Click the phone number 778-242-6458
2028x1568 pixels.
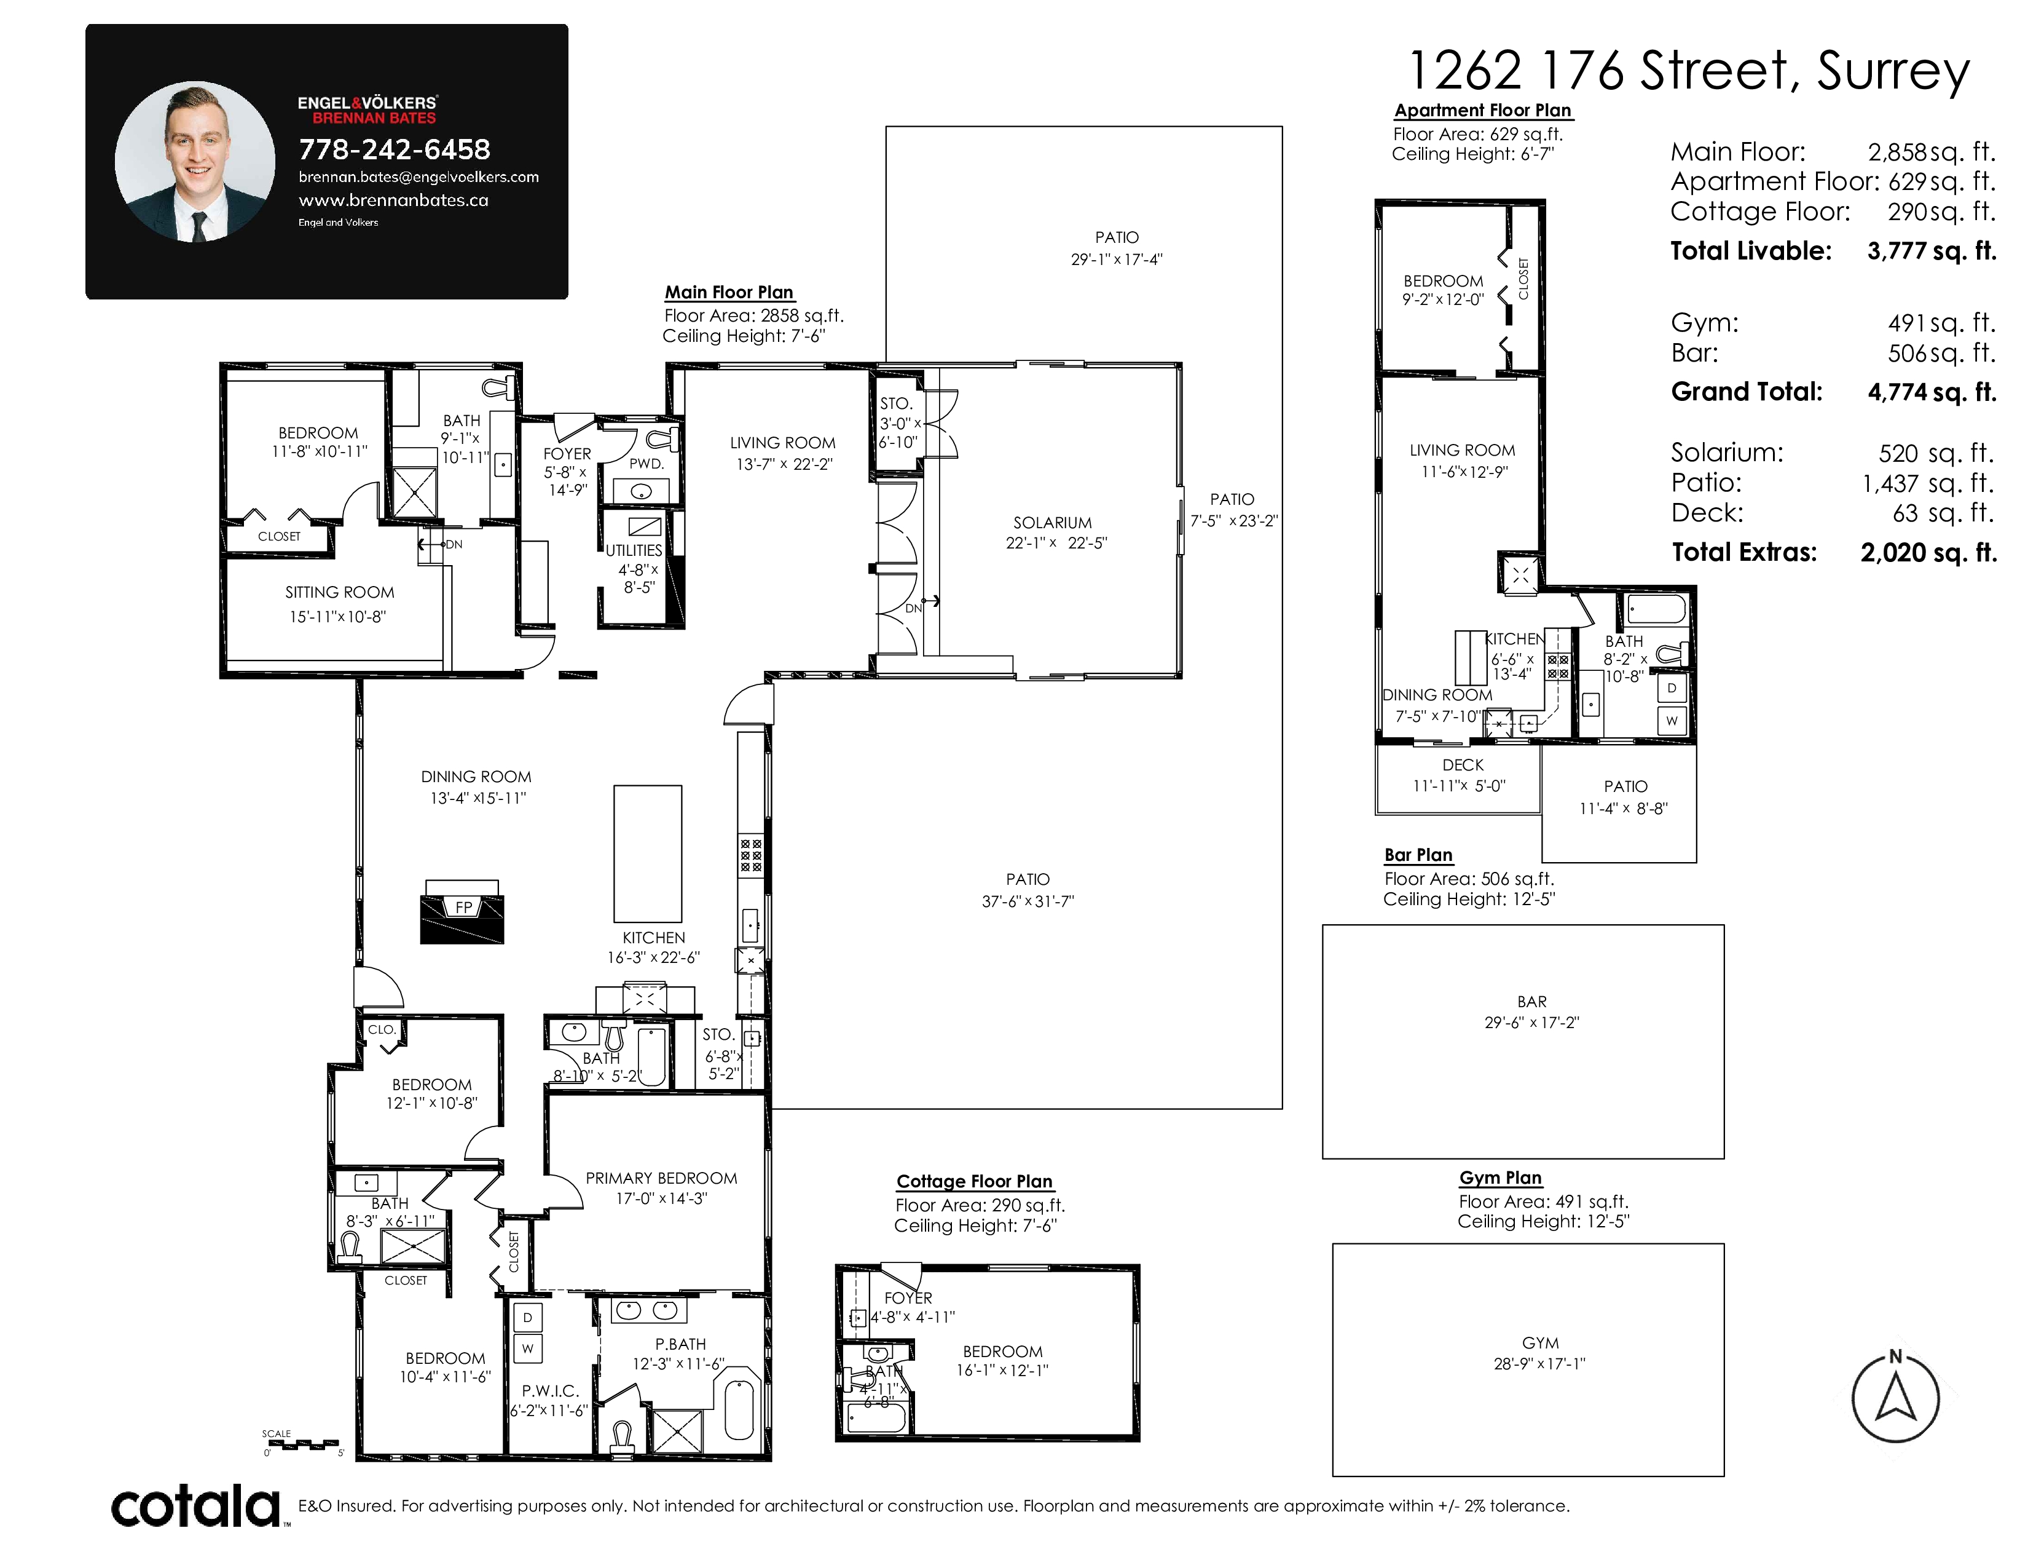(x=394, y=149)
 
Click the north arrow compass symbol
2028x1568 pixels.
(x=1895, y=1398)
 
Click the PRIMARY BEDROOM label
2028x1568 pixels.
(x=661, y=1178)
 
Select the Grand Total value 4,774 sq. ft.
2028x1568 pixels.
(x=1932, y=392)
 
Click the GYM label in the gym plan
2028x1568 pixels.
(x=1539, y=1343)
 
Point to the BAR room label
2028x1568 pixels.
(x=1531, y=1001)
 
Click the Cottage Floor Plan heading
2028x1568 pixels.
(x=974, y=1182)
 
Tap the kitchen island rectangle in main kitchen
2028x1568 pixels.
(x=647, y=853)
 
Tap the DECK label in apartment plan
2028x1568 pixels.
(x=1463, y=764)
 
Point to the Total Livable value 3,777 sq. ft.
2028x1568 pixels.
(x=1932, y=251)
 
